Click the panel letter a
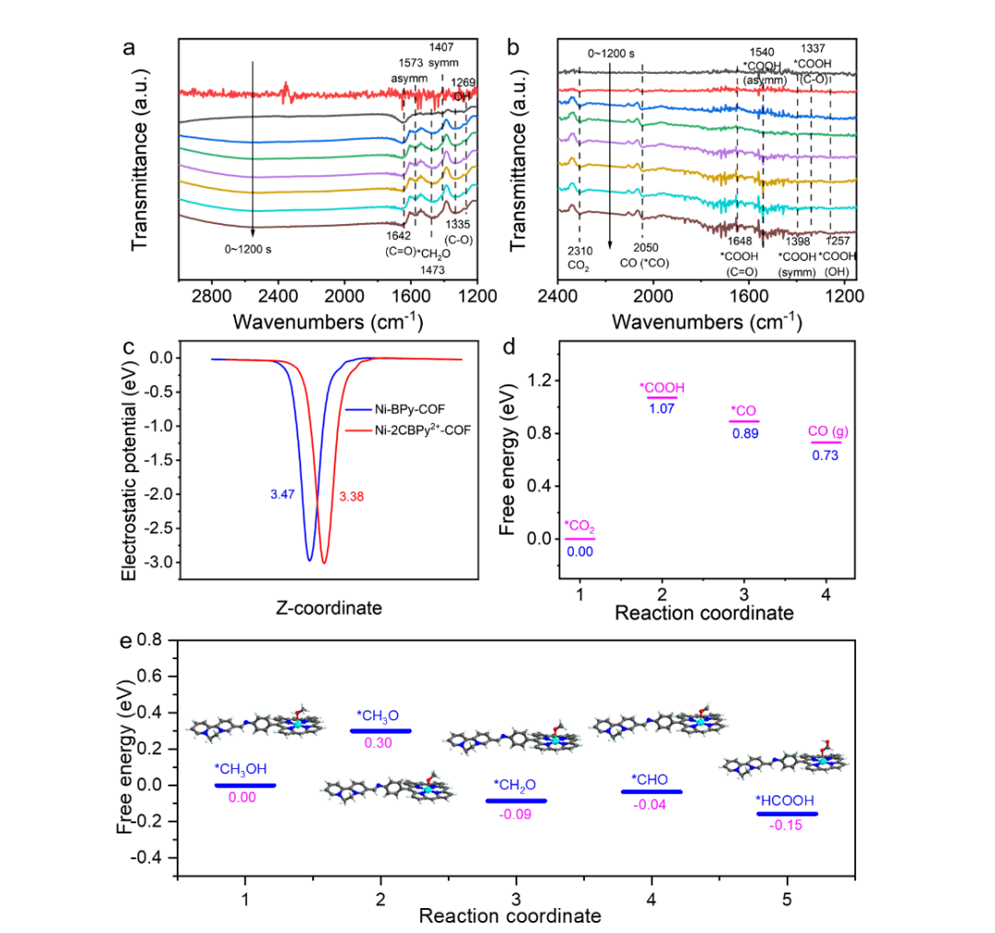tap(129, 47)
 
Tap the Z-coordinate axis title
tap(328, 608)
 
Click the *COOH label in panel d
tap(662, 388)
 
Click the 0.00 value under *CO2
tap(580, 551)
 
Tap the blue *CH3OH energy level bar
tap(245, 785)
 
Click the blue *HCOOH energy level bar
tap(787, 813)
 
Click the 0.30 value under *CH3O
tap(380, 742)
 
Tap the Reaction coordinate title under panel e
tap(510, 915)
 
